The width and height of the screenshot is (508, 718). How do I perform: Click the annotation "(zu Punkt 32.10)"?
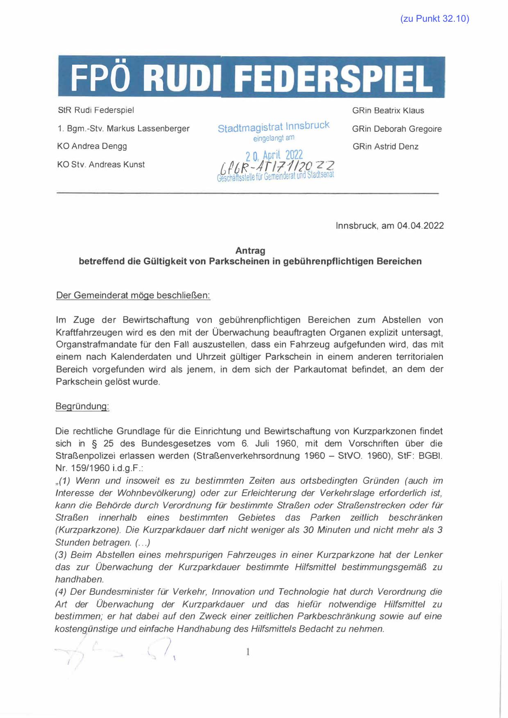pyautogui.click(x=434, y=18)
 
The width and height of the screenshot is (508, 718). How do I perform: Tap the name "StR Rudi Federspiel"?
pyautogui.click(x=96, y=110)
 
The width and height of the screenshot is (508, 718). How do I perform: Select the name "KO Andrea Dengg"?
pyautogui.click(x=92, y=146)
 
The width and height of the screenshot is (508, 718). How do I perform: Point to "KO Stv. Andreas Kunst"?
pyautogui.click(x=101, y=165)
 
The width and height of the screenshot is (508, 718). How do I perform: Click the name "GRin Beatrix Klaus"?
pyautogui.click(x=388, y=111)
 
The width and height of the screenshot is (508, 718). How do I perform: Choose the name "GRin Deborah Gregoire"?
pyautogui.click(x=397, y=129)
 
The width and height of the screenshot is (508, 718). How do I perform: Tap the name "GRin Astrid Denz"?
pyautogui.click(x=386, y=147)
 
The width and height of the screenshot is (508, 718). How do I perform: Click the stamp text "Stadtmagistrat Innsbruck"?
pyautogui.click(x=273, y=127)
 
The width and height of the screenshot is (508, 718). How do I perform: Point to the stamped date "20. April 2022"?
pyautogui.click(x=274, y=155)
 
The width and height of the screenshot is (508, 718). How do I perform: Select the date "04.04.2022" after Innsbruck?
pyautogui.click(x=420, y=226)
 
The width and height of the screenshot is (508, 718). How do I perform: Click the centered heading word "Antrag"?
pyautogui.click(x=250, y=251)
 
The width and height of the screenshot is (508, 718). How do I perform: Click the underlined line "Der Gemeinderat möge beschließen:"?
pyautogui.click(x=133, y=296)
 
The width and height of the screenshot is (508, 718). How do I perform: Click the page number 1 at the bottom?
pyautogui.click(x=248, y=653)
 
